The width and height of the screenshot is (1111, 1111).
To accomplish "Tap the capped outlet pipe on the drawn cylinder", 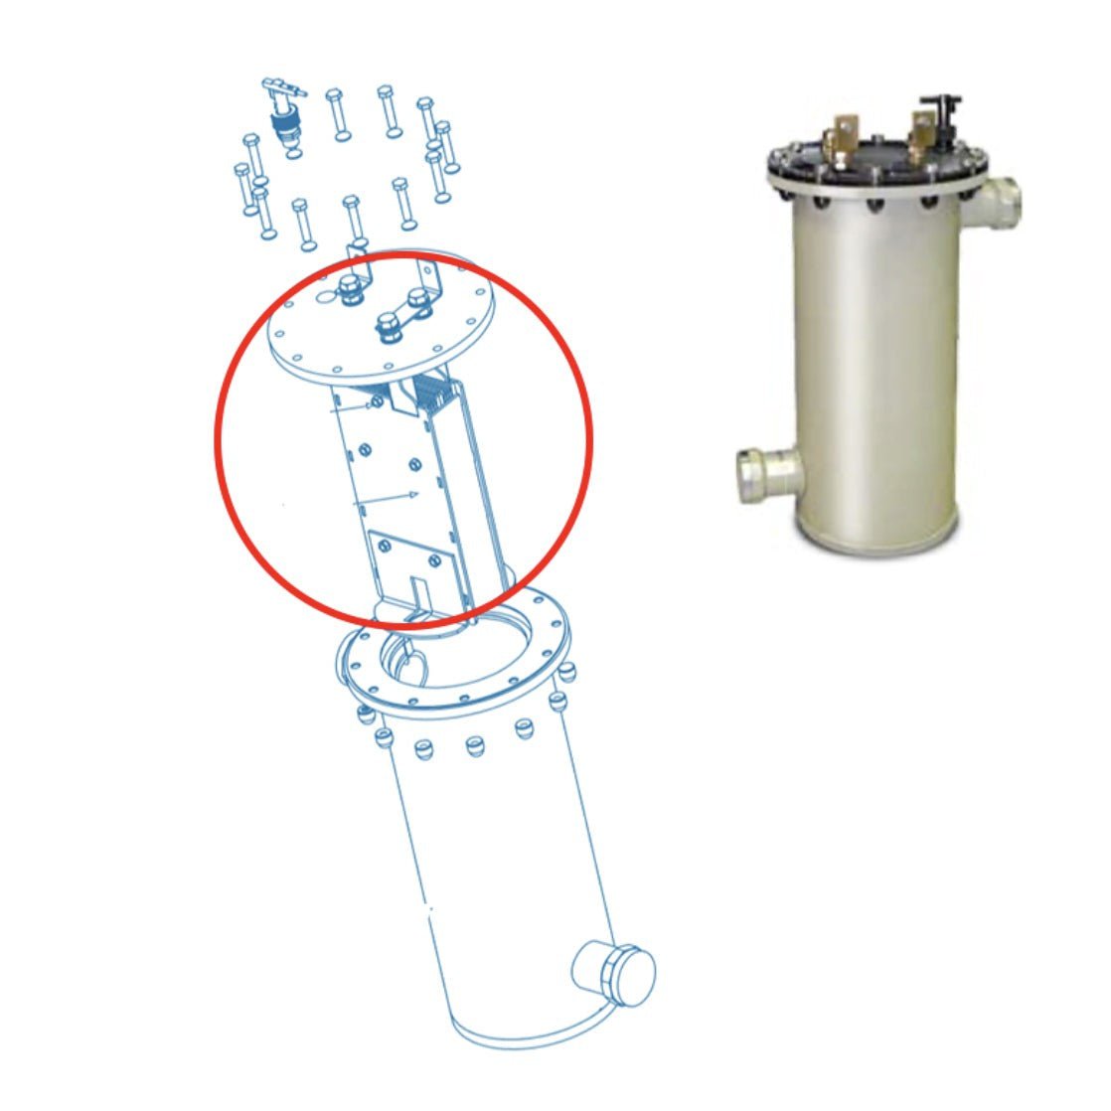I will pos(614,970).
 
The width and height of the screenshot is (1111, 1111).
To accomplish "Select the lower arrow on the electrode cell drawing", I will pos(388,498).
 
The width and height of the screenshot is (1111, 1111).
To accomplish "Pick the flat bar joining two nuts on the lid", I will pos(407,313).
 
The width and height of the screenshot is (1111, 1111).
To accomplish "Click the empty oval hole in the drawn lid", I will pos(325,296).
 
